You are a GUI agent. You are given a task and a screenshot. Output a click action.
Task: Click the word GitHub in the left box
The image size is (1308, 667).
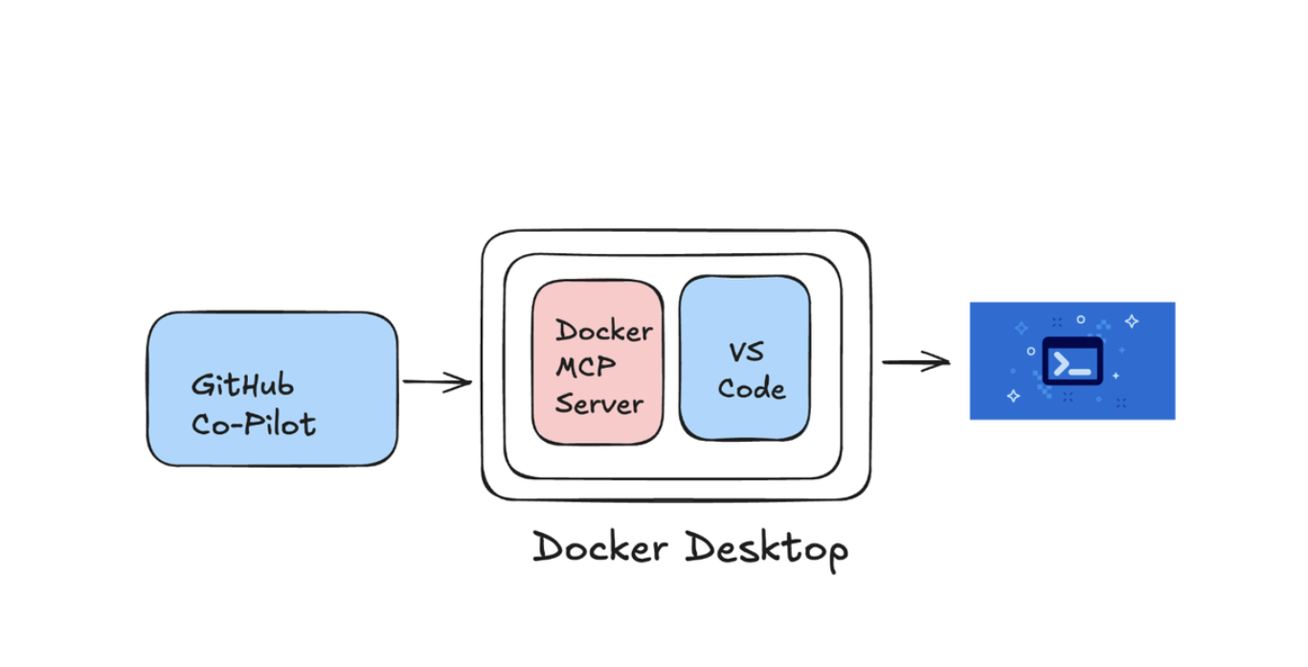point(242,385)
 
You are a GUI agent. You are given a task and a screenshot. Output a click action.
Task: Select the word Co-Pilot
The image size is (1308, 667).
point(253,424)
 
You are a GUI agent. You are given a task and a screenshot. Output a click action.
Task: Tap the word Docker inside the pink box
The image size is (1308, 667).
point(604,331)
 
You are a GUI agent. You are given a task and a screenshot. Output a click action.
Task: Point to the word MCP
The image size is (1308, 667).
point(586,367)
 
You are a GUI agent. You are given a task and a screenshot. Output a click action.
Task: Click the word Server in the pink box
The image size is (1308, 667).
point(598,402)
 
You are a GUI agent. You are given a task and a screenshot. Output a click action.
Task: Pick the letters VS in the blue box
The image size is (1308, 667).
point(746,352)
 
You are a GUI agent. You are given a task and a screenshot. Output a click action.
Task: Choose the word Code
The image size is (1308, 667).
point(752,388)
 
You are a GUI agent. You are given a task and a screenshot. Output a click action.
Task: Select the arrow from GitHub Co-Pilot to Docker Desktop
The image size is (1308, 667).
point(437,382)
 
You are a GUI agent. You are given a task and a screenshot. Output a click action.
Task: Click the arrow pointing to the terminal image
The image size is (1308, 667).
point(915,362)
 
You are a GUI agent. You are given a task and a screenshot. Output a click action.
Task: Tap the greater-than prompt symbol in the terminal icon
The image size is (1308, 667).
point(1061,364)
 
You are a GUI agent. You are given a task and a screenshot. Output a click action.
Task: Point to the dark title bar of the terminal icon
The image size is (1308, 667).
point(1071,342)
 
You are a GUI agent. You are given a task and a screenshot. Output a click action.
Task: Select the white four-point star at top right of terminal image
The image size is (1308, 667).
point(1131,321)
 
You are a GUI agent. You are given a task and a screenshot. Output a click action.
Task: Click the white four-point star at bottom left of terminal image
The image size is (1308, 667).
point(1013,395)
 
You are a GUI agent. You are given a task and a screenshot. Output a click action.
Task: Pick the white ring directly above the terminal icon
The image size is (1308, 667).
point(1080,319)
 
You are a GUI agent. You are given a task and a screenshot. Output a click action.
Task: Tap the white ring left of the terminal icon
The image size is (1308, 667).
point(1030,351)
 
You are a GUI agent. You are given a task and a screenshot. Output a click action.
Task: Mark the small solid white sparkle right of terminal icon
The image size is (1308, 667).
point(1116,376)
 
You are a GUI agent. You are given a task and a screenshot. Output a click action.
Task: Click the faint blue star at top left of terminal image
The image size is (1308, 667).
point(1021,328)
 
